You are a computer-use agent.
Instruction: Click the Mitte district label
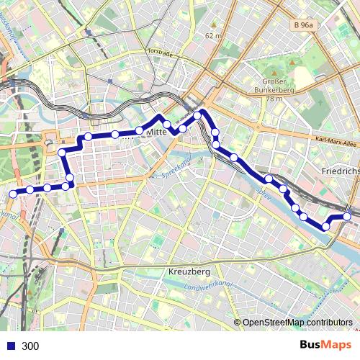tap(156, 132)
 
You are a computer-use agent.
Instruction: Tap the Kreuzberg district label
tap(188, 272)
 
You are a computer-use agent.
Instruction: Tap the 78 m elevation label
tap(274, 98)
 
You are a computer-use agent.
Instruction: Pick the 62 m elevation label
tap(214, 35)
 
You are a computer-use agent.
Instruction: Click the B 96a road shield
tap(304, 25)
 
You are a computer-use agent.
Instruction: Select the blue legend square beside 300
tap(11, 346)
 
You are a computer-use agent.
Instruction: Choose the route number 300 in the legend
tap(30, 346)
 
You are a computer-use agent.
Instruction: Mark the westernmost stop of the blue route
tap(12, 193)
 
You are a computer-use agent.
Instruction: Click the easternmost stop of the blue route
tap(347, 216)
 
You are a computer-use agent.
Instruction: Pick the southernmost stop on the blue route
tap(325, 226)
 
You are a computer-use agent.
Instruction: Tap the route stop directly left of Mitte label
tap(139, 131)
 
